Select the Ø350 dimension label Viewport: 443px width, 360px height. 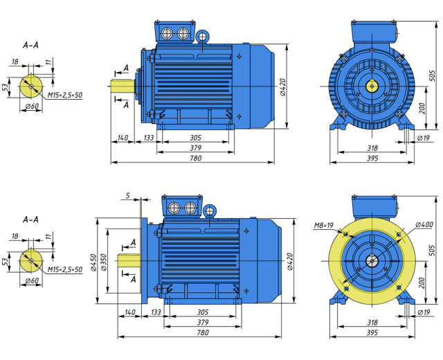tap(103, 262)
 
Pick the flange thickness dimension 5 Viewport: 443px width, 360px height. tap(129, 195)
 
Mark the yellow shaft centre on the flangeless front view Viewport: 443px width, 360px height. tap(372, 86)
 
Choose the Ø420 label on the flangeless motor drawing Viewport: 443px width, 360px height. tap(282, 87)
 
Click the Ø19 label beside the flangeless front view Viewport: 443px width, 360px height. tap(424, 138)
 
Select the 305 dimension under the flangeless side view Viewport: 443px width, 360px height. tap(195, 138)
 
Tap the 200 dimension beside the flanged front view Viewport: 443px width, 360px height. tap(422, 282)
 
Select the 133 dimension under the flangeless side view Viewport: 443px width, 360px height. tap(148, 138)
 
